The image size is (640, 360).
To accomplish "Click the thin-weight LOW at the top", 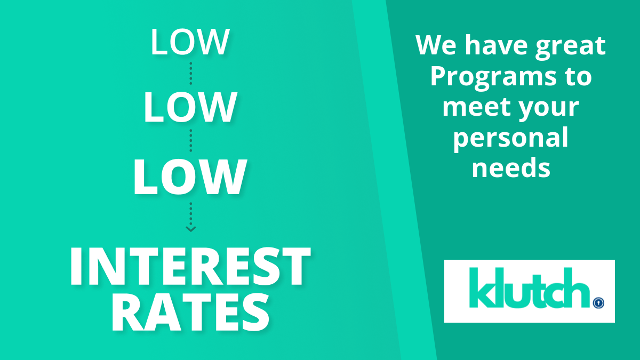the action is pos(190,42).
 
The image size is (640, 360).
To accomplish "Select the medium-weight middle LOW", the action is pos(190,107).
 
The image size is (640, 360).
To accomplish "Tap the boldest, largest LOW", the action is pos(190,177).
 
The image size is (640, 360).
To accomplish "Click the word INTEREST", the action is pos(190,266).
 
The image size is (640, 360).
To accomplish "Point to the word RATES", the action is pos(190,313).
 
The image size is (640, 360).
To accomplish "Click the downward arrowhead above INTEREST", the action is pos(191,229).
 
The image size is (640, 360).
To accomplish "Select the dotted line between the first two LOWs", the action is pos(191,74).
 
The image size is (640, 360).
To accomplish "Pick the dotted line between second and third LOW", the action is pos(191,141).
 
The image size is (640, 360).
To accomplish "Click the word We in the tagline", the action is pos(436,45).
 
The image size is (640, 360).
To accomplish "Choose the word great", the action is pos(571,47).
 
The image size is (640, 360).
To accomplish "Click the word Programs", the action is pos(493,77).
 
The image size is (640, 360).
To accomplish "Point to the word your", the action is pos(549,110).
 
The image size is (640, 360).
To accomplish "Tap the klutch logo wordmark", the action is pos(530,287).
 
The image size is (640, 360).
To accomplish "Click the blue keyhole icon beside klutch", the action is pos(598,303).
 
